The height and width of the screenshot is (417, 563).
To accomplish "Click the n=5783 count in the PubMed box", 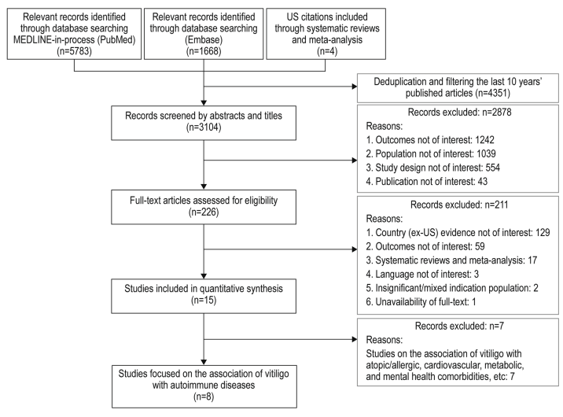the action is pos(75,51).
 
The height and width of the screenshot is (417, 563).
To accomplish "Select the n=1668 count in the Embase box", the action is pos(204,51).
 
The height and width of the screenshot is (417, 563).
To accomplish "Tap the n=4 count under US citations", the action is pos(327,51).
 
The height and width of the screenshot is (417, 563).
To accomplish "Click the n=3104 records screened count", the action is pos(204,127).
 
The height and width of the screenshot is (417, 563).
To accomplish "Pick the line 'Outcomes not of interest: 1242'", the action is pos(430,140).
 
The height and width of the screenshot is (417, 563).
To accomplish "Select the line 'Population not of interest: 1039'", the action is pos(431,153).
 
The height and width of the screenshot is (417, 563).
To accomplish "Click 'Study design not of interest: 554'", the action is pos(433,168).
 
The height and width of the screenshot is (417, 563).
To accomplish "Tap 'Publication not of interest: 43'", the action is pos(427,182).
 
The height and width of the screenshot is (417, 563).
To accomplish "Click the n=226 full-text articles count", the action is pos(204,212).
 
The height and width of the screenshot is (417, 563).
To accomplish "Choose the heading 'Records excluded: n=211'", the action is pos(459,205).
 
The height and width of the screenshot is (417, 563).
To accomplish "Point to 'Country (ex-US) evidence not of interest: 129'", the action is pos(458,232).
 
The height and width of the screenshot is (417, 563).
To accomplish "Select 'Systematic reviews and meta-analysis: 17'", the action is pos(451,260).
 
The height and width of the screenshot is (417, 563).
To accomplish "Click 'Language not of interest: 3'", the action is pos(422,274).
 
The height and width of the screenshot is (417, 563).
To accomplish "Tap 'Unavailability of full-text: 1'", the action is pos(421,301).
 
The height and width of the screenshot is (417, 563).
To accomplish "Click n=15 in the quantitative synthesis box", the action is pos(204,300).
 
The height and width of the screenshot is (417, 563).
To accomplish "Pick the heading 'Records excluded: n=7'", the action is pos(459,326).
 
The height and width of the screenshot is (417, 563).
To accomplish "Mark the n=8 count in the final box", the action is pos(204,397).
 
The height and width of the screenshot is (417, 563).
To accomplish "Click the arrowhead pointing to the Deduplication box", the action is pos(355,87).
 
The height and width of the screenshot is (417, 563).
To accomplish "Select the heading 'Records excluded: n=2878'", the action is pos(459,112).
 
